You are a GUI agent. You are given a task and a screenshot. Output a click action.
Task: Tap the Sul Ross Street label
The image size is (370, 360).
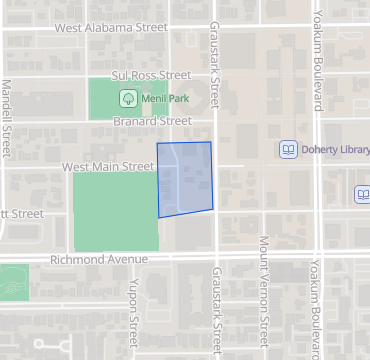(151, 75)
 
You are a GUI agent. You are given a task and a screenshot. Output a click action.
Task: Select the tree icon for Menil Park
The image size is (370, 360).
(128, 98)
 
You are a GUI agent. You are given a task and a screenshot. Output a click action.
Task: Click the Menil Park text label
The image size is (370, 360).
(163, 98)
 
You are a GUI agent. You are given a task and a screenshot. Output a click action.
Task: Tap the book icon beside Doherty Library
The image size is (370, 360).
(288, 149)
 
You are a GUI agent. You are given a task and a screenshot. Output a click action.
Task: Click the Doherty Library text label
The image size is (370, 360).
(334, 149)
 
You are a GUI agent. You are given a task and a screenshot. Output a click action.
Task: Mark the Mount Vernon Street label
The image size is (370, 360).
(264, 296)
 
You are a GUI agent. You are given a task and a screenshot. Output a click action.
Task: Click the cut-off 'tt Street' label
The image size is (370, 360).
(22, 213)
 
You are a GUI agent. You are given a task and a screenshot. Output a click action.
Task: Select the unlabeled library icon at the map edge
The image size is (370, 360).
(362, 194)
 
